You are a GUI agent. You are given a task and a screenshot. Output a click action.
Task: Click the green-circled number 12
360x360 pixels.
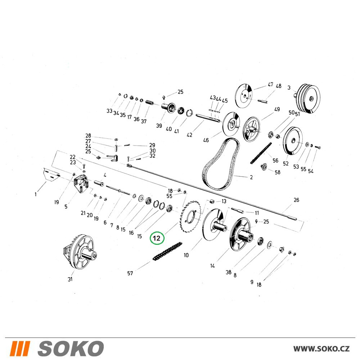click(157, 238)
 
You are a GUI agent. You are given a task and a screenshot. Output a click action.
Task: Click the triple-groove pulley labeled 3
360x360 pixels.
click(308, 98)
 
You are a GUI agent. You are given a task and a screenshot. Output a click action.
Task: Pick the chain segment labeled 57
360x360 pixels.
click(167, 251)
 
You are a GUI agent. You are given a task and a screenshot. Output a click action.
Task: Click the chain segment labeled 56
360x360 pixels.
click(261, 153)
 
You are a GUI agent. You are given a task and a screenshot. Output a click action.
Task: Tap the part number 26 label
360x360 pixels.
click(296, 200)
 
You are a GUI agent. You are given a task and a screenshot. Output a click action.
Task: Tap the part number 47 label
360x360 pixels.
click(270, 85)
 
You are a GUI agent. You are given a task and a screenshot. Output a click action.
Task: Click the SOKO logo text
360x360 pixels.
click(71, 348)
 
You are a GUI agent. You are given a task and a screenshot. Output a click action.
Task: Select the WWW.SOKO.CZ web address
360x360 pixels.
click(321, 349)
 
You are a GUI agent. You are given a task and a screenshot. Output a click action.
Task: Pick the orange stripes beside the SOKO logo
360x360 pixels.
click(20, 348)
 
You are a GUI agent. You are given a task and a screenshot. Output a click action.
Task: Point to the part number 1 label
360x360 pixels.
click(36, 194)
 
